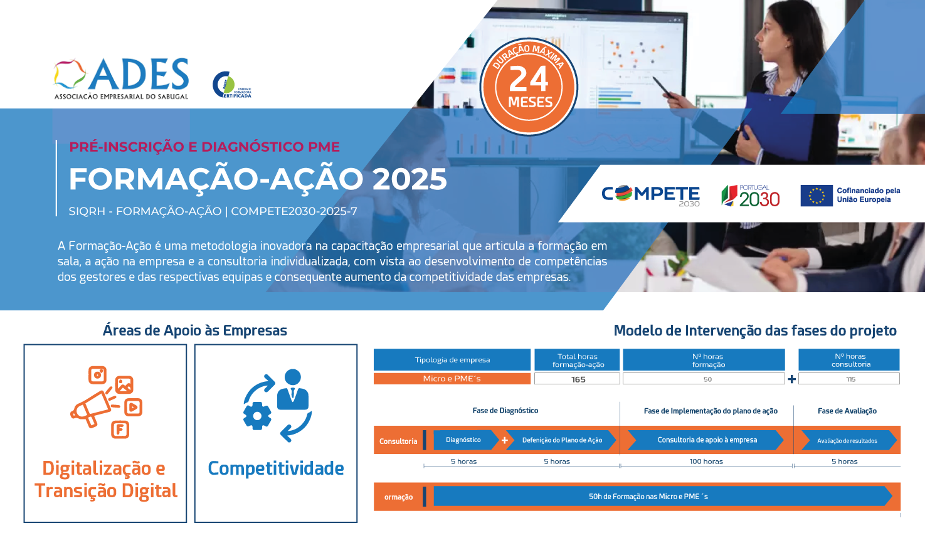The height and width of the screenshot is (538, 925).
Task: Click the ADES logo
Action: [x=121, y=78]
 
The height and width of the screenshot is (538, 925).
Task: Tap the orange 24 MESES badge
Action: [x=529, y=87]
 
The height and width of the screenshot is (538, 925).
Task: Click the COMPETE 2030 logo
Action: [x=650, y=195]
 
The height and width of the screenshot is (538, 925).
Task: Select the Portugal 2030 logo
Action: [x=750, y=196]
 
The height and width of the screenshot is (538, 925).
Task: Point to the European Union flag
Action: [x=817, y=195]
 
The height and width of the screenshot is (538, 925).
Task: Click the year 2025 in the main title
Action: [x=410, y=179]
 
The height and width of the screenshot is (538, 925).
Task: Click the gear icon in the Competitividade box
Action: [x=257, y=415]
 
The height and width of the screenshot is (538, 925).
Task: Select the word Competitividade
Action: [x=276, y=468]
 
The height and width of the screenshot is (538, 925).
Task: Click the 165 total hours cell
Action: [x=577, y=379]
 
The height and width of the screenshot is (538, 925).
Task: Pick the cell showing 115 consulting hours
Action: [x=849, y=379]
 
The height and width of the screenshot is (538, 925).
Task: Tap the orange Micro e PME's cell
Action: [x=452, y=379]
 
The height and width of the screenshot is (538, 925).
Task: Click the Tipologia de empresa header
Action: [x=452, y=360]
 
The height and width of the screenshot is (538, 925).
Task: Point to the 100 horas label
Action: [x=706, y=462]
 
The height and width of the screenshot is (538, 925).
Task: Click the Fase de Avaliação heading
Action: [x=847, y=411]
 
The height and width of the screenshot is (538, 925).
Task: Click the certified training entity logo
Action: [x=231, y=85]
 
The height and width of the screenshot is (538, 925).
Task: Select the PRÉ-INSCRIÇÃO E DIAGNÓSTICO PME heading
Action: [x=204, y=147]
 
